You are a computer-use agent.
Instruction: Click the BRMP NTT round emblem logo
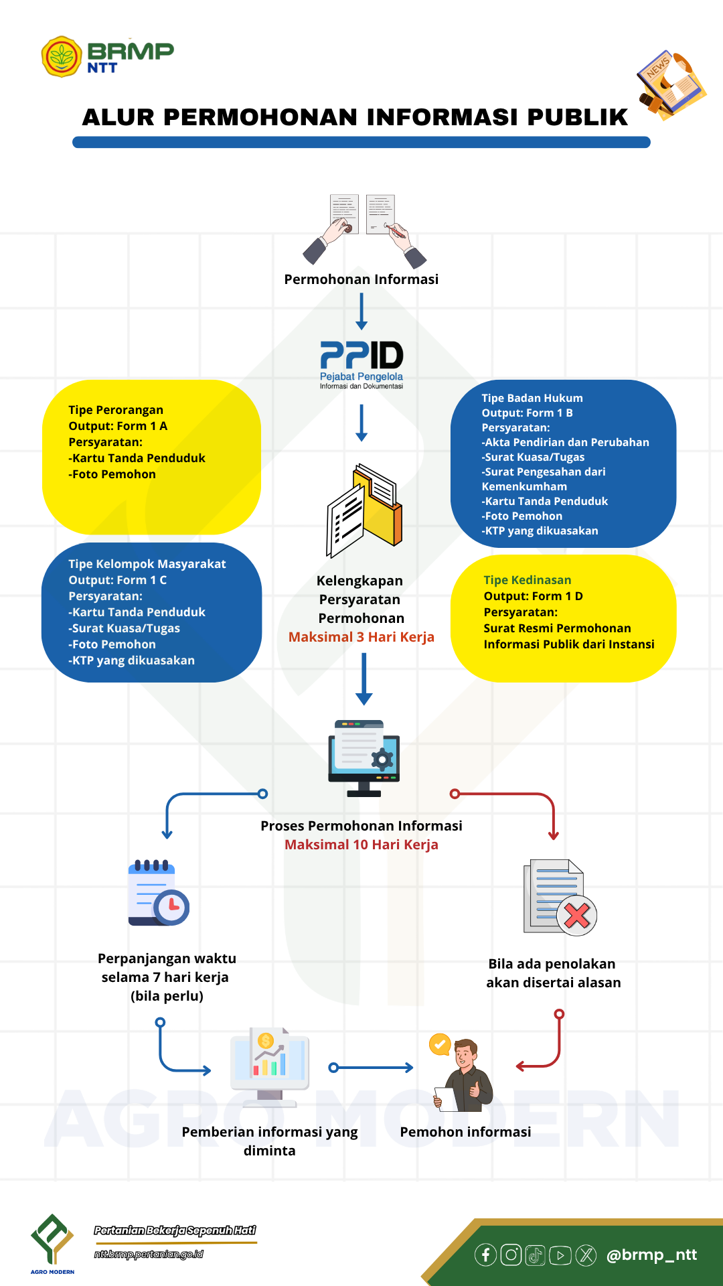[x=62, y=57]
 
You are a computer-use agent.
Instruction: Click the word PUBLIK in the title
[x=577, y=117]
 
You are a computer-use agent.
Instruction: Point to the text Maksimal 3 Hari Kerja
[x=361, y=637]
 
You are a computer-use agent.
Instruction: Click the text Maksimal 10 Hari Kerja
[x=361, y=845]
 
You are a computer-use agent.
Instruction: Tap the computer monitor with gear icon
[x=364, y=758]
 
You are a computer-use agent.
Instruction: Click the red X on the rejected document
[x=576, y=915]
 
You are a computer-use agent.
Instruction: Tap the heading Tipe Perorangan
[x=116, y=410]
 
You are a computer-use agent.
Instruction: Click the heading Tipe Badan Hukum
[x=532, y=398]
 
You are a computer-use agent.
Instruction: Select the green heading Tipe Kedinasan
[x=528, y=580]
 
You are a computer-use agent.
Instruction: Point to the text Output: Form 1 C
[x=118, y=580]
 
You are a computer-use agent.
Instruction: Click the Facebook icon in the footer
[x=485, y=1255]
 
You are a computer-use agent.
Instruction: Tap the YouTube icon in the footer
[x=560, y=1255]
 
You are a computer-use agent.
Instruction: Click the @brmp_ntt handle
[x=651, y=1255]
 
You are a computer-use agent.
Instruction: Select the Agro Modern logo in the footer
[x=52, y=1243]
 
